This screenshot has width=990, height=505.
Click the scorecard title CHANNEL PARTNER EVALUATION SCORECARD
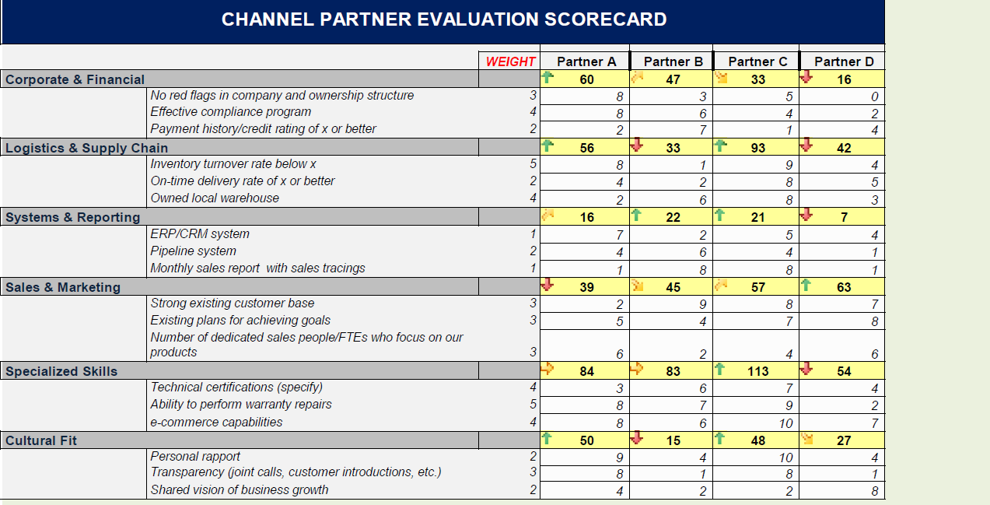(443, 20)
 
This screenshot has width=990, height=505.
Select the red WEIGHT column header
(510, 61)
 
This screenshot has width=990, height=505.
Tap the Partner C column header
(757, 61)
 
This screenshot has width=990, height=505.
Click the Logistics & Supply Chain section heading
(86, 148)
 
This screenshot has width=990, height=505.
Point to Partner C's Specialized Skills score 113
(758, 371)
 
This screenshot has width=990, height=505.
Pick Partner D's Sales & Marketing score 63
(844, 287)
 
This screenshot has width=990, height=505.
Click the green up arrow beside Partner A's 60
(547, 77)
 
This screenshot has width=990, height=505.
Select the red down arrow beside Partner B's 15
(637, 438)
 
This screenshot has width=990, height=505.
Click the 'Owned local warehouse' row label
(215, 198)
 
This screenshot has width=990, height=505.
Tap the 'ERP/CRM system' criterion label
(200, 234)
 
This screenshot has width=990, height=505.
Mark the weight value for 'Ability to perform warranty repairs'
(533, 405)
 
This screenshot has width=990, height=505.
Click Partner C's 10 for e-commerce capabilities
(785, 423)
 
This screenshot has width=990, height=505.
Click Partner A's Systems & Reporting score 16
(586, 218)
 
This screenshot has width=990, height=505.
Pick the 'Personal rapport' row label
(195, 457)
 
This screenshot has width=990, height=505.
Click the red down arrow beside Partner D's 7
(806, 215)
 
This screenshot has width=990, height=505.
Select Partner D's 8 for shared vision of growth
(874, 491)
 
